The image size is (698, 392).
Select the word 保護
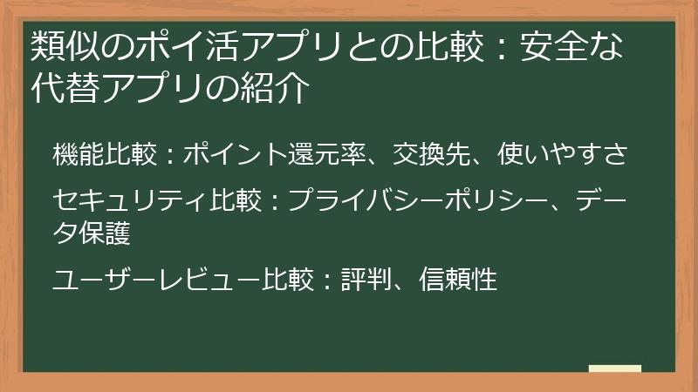click(x=106, y=232)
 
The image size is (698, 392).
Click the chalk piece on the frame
click(x=614, y=369)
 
